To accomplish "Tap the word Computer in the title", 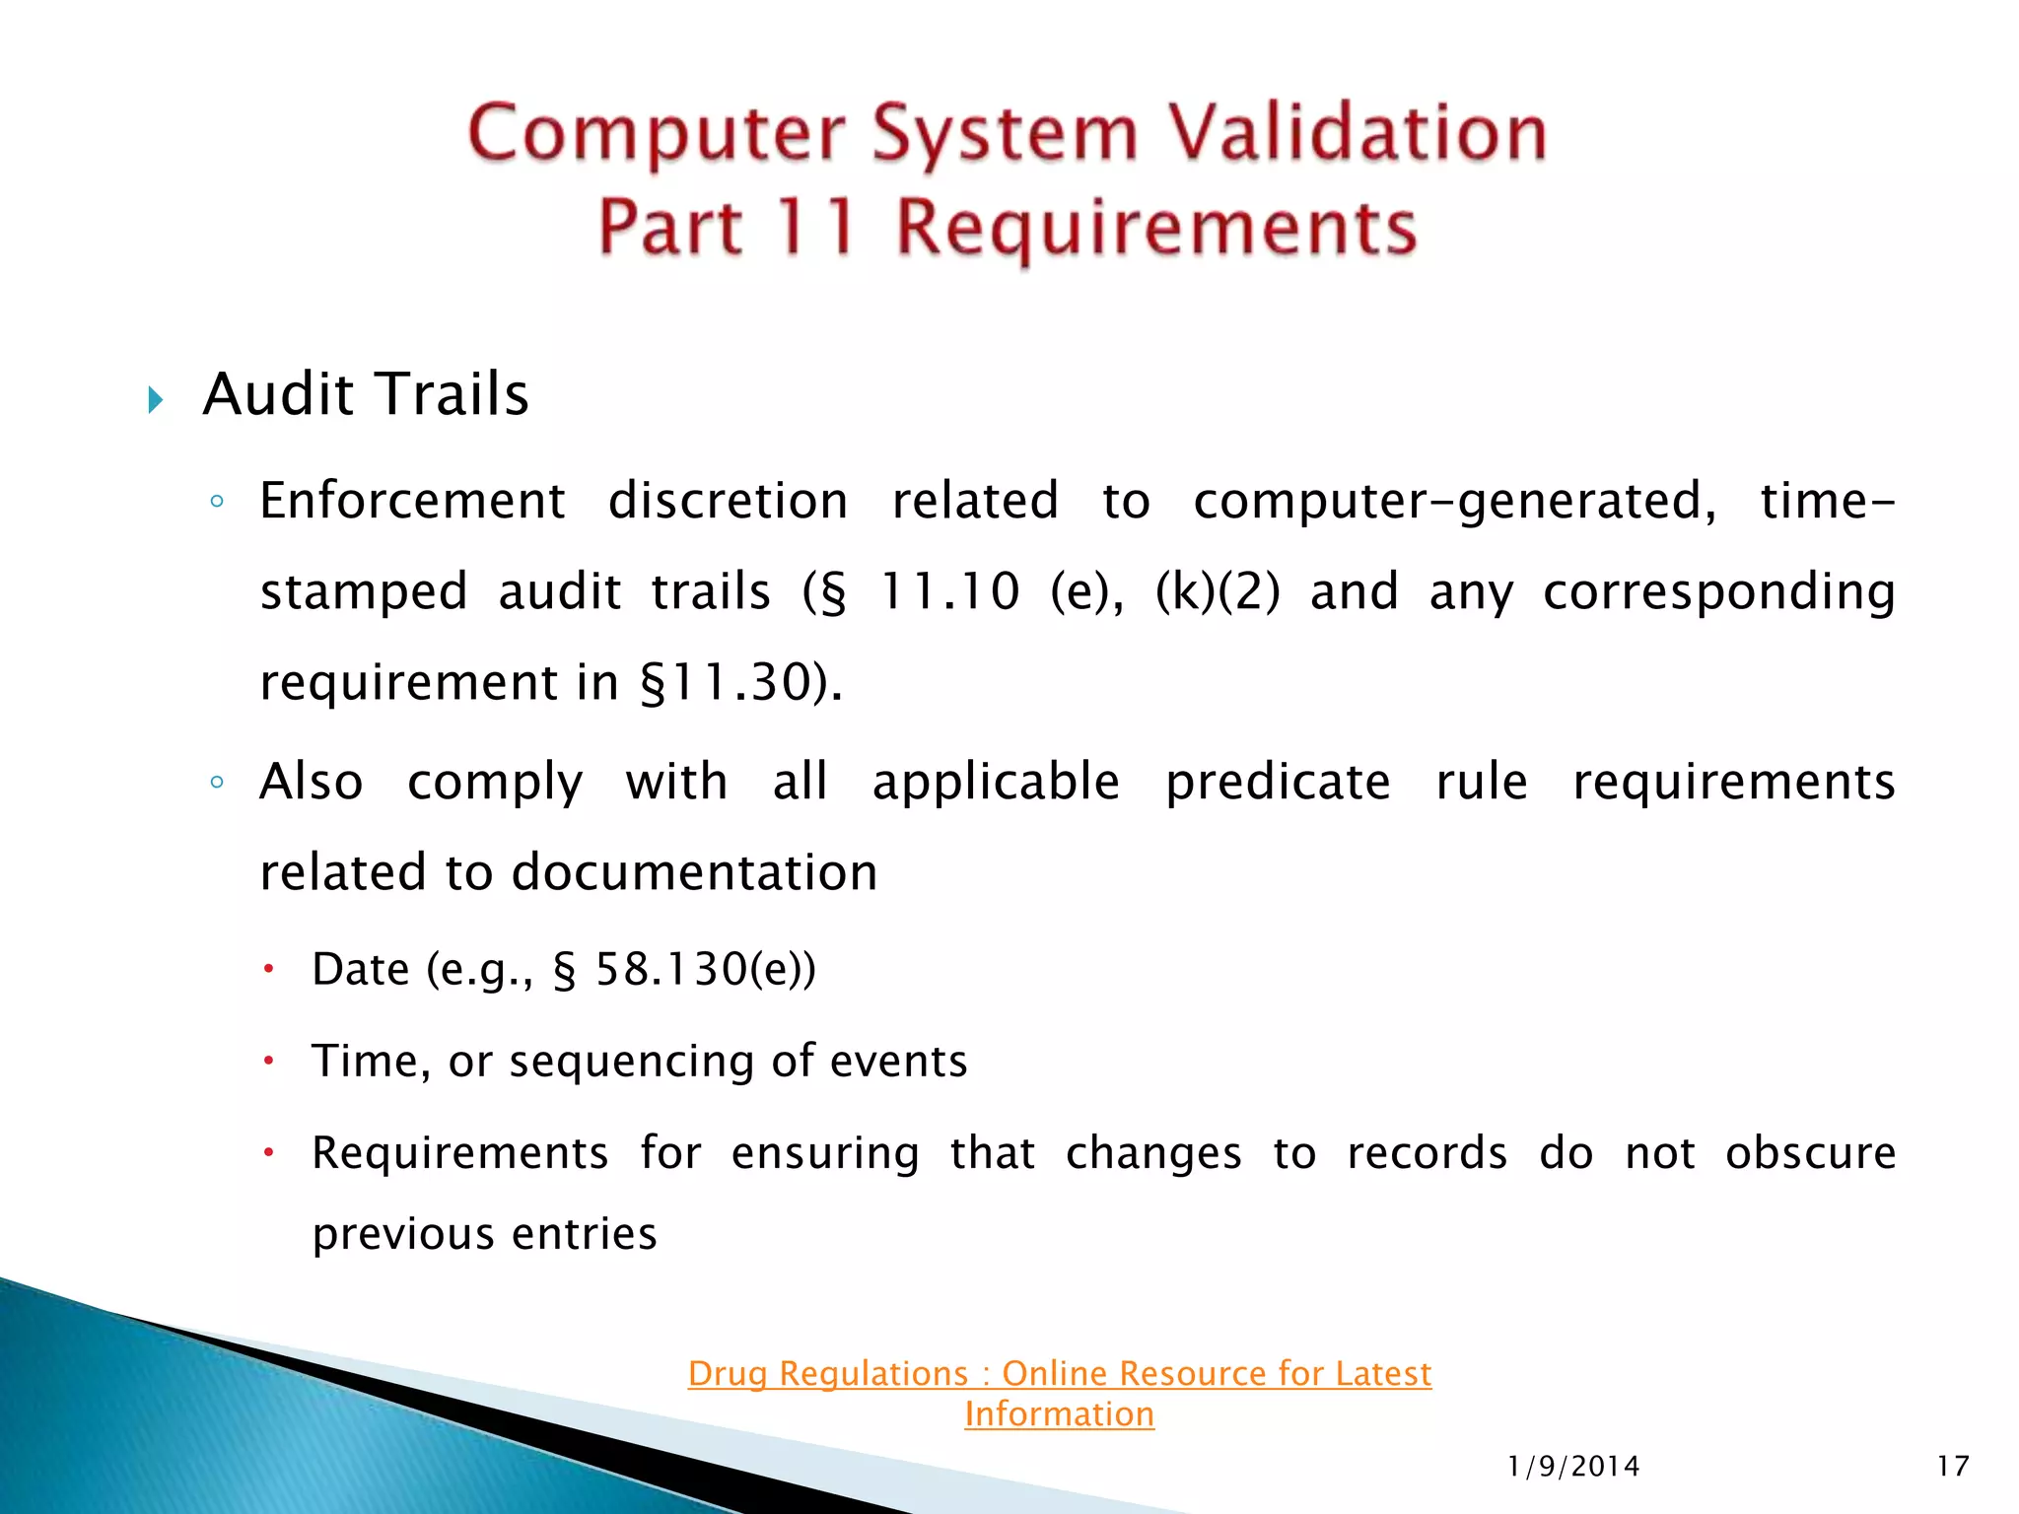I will point(657,135).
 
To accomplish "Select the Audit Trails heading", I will point(366,394).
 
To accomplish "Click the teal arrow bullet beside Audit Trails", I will point(155,400).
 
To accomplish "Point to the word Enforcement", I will point(412,501).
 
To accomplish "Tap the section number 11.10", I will point(949,591).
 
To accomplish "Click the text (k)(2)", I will point(1218,591).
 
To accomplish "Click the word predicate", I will point(1278,783).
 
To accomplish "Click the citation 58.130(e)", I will point(705,969).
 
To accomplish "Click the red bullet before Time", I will point(267,1061).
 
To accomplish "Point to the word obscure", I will point(1810,1153).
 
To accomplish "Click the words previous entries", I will point(484,1234).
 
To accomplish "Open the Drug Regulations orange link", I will point(1059,1373).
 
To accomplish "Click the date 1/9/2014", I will point(1573,1467).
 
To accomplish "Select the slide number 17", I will point(1952,1467).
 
